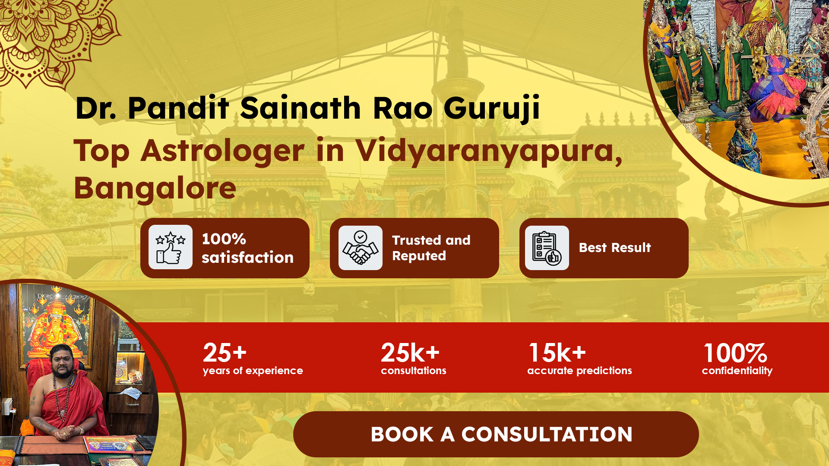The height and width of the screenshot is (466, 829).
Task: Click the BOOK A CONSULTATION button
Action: click(x=496, y=434)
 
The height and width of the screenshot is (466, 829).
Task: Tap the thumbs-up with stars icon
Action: click(x=171, y=247)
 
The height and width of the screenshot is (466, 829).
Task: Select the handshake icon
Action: click(x=361, y=248)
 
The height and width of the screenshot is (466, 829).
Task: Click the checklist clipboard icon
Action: click(x=547, y=248)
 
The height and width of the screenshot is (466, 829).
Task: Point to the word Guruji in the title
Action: click(x=492, y=108)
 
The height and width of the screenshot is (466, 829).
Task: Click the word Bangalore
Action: click(x=155, y=188)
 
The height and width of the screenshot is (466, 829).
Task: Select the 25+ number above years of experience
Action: click(x=225, y=353)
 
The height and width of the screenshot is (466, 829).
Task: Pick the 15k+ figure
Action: click(x=557, y=353)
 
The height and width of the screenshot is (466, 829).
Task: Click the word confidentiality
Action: click(x=737, y=371)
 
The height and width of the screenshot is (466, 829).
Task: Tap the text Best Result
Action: click(x=615, y=248)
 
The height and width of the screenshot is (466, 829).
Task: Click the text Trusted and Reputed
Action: click(x=431, y=248)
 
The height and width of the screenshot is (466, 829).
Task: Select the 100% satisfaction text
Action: click(x=247, y=248)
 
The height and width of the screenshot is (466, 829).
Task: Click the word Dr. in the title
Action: click(x=95, y=108)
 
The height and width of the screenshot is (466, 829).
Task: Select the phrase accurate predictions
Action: click(x=579, y=371)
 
